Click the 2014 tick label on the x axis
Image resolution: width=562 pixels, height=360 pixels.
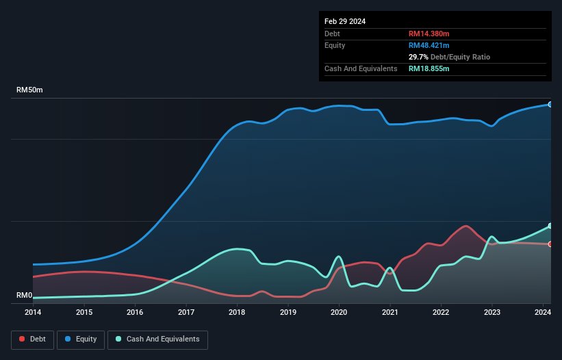point(33,313)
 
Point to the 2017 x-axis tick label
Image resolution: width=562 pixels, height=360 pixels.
point(186,313)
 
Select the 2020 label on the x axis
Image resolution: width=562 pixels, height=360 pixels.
point(339,313)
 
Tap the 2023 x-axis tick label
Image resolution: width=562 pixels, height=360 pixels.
point(492,313)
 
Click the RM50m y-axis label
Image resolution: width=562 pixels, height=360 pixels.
point(30,90)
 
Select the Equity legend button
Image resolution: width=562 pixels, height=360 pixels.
point(81,339)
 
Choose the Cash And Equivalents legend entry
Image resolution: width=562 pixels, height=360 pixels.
point(157,339)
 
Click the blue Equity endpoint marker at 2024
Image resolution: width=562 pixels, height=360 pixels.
point(550,104)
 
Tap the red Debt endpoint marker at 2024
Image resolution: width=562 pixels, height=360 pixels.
point(550,244)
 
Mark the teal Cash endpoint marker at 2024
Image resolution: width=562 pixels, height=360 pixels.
point(550,226)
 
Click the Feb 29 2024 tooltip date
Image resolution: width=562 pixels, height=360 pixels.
point(345,21)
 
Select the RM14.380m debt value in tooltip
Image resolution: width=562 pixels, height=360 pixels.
point(429,34)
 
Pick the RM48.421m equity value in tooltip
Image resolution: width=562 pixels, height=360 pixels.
point(429,45)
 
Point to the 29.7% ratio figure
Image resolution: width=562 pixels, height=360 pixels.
point(418,57)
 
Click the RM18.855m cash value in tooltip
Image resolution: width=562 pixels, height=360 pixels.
point(429,68)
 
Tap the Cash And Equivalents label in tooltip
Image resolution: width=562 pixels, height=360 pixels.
point(361,68)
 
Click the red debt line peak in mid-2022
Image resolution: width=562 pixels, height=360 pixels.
point(466,226)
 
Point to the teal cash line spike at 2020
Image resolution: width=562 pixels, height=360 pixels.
point(339,257)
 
